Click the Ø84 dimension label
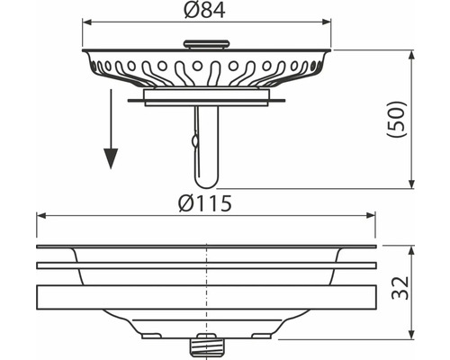coord(204,11)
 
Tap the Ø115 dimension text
coord(205,204)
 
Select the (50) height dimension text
coord(397,120)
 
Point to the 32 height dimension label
coord(400,288)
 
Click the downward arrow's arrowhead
coord(111,158)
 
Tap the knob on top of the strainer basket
coord(206,44)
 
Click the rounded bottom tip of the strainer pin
coord(207,184)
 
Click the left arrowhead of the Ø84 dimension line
coord(87,22)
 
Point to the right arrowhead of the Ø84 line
coord(327,22)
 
